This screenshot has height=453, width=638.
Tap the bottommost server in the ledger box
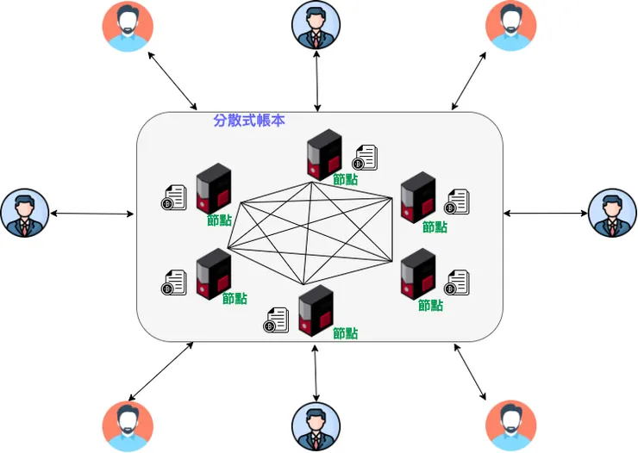(x=316, y=310)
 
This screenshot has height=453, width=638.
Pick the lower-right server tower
(x=418, y=273)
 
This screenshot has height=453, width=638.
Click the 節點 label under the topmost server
(x=345, y=180)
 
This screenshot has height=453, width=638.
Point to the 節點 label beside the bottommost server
(x=345, y=333)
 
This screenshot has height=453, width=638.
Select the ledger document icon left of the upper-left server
(x=174, y=198)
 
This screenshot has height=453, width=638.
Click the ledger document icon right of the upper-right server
(x=456, y=202)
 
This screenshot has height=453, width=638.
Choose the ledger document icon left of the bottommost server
(x=276, y=320)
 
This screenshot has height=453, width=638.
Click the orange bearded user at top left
(x=128, y=27)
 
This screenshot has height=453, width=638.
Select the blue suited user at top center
(x=316, y=26)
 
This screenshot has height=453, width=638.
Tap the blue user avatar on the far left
(x=25, y=213)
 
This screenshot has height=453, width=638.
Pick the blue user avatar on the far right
(x=612, y=213)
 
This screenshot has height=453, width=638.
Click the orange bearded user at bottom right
(x=510, y=426)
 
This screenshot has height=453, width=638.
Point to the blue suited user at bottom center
(x=316, y=427)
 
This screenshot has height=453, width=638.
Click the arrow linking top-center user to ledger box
(x=318, y=82)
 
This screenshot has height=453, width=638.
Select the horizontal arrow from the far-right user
(x=544, y=212)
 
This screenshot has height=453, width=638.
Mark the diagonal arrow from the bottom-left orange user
(x=160, y=371)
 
